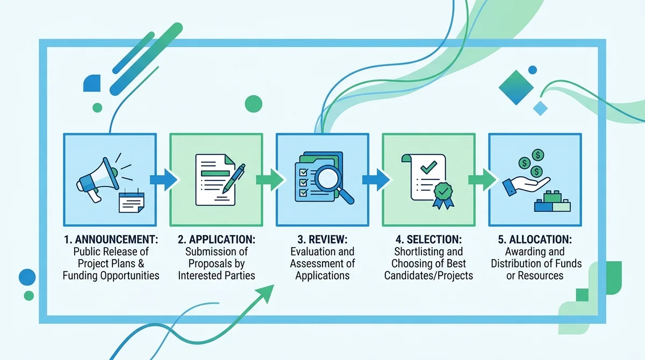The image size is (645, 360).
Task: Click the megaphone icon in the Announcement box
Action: [98, 179]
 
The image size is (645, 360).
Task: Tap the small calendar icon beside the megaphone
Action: [132, 201]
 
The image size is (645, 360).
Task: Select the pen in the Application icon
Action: [234, 178]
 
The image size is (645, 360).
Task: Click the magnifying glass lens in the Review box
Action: [328, 178]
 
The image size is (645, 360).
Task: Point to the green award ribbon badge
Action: [443, 195]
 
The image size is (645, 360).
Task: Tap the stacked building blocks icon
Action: [553, 201]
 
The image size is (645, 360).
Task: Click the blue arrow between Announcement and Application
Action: [163, 179]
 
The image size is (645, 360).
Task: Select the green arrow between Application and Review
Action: [270, 179]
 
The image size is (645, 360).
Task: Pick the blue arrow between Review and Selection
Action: [376, 179]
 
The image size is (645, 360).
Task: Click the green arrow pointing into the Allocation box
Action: [482, 179]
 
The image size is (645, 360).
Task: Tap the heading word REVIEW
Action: [328, 240]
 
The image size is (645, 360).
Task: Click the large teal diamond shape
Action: [516, 88]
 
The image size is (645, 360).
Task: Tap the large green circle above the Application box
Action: [253, 104]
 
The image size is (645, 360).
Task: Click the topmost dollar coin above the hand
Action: [537, 155]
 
